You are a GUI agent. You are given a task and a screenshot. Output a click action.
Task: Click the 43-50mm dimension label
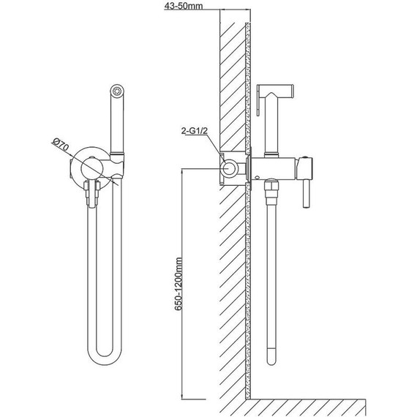(183, 6)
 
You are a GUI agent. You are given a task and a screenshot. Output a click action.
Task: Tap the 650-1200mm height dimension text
(179, 284)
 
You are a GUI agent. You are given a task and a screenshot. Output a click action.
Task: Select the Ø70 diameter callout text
(61, 144)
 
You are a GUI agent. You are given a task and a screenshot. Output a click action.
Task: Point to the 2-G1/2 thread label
(194, 130)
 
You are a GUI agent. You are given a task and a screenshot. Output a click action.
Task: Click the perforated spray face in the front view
(117, 91)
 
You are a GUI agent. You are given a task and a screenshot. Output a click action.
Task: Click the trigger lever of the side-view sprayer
(258, 100)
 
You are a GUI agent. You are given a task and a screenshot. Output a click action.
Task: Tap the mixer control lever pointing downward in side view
(306, 193)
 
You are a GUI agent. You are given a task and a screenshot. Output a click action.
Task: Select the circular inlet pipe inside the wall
(229, 169)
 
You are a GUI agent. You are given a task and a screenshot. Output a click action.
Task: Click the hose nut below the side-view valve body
(271, 189)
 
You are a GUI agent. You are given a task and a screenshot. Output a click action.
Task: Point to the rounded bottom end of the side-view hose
(271, 359)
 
